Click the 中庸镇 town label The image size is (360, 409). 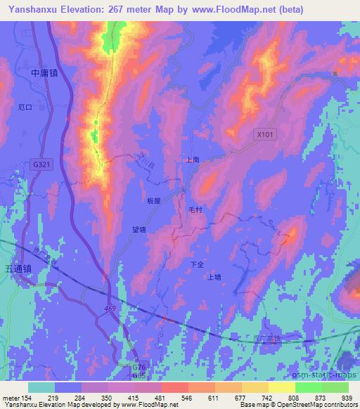coord(44,72)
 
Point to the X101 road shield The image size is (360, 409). coord(263,133)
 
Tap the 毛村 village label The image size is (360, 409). coord(195,209)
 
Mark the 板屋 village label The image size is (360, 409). coord(153,200)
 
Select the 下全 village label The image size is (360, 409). coord(198,264)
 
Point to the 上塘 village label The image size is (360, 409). coord(214,277)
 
